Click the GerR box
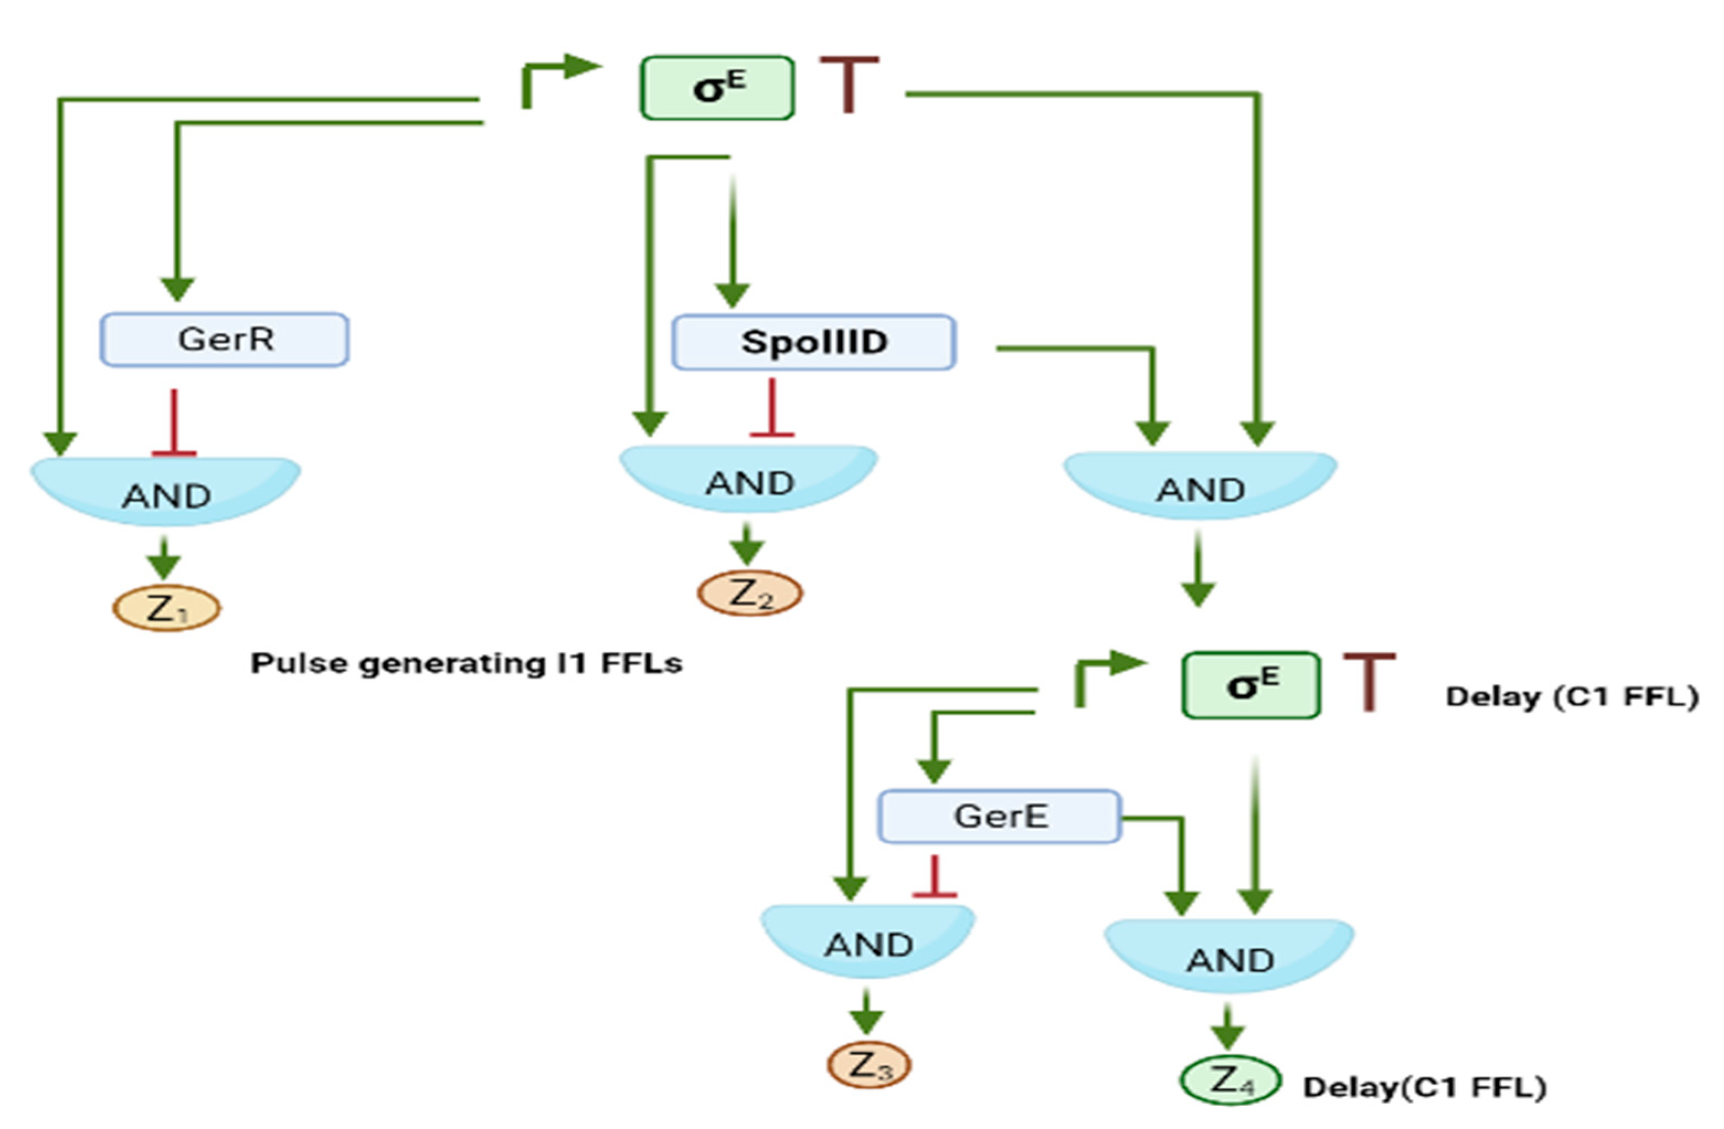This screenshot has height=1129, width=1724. [225, 340]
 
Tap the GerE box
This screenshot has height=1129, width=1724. [1000, 817]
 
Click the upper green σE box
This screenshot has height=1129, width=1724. [717, 88]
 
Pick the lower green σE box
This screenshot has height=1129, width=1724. [1251, 685]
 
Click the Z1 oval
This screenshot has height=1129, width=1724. [167, 608]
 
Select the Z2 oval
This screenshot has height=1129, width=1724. [750, 594]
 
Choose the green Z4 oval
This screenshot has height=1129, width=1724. [1230, 1080]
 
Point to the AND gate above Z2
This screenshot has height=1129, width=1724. [749, 478]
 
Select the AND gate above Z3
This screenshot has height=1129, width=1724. [868, 940]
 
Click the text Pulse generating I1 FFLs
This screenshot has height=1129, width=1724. [466, 663]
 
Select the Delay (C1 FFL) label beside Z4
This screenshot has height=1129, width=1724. [1424, 1087]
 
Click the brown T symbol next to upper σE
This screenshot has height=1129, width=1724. [849, 83]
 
